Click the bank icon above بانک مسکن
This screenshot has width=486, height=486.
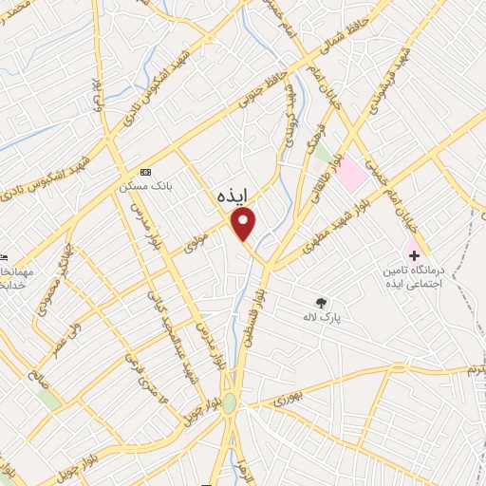tap(145, 172)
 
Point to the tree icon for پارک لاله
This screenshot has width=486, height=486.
tap(323, 304)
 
